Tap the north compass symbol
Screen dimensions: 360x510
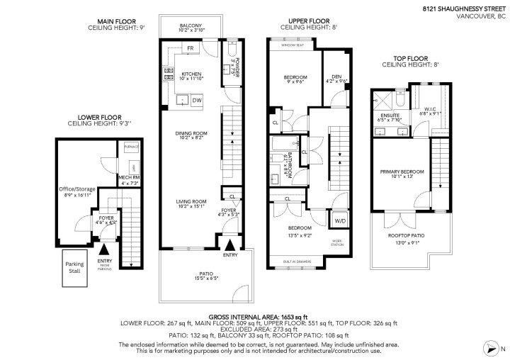pos(494,347)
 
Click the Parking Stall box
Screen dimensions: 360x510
pos(74,267)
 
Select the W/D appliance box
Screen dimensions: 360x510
pos(340,221)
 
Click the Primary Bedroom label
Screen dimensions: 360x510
pos(402,171)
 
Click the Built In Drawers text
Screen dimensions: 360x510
pos(296,262)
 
